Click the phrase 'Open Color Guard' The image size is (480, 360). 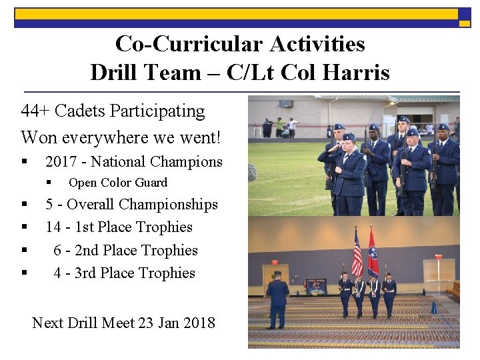click(x=118, y=183)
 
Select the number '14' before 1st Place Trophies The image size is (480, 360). click(x=53, y=227)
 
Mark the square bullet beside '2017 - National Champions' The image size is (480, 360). click(x=24, y=162)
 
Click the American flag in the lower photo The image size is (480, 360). click(x=357, y=253)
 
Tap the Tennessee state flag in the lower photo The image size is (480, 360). click(x=373, y=253)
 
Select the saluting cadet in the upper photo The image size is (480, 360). click(x=347, y=170)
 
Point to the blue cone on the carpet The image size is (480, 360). click(x=433, y=307)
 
